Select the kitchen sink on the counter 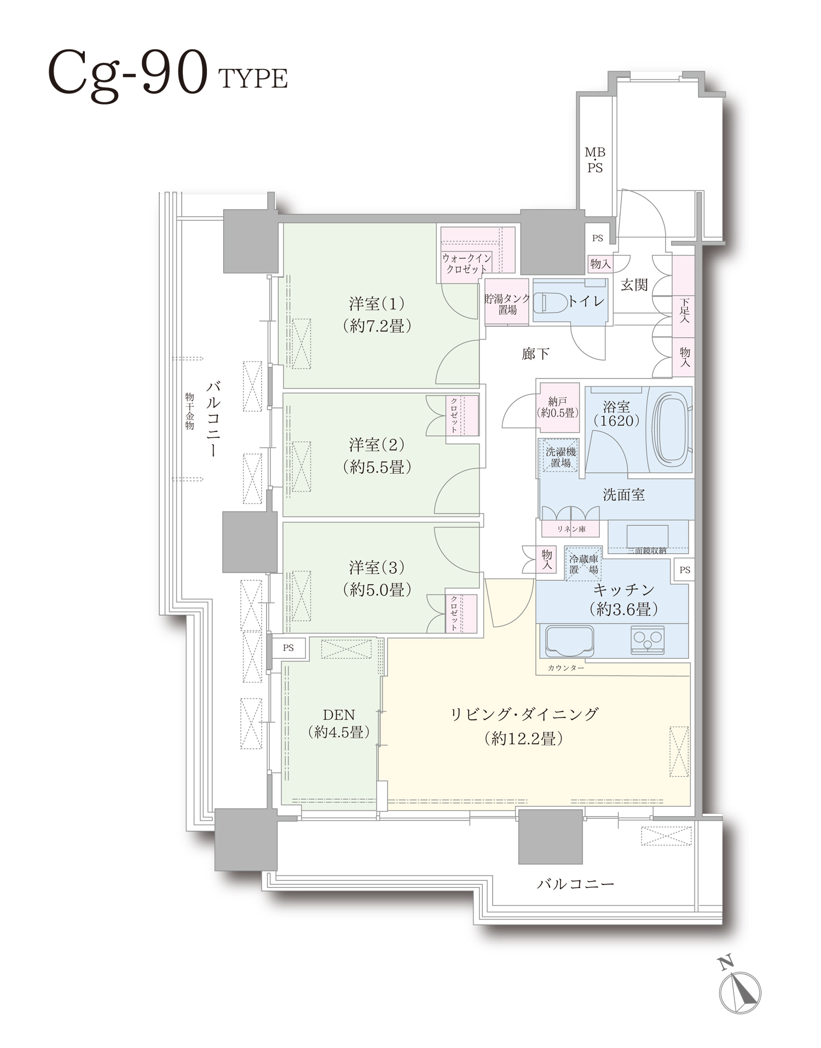point(568,640)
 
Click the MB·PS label point(595,160)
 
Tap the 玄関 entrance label point(634,284)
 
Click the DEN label point(339,714)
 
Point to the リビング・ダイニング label point(524,714)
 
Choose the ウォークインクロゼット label point(466,263)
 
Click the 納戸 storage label point(557,402)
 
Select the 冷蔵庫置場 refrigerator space point(583,564)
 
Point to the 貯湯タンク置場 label point(507,304)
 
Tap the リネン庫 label point(571,529)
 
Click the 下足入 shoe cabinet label point(684,310)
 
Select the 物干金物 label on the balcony point(189,411)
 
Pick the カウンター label point(565,668)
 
